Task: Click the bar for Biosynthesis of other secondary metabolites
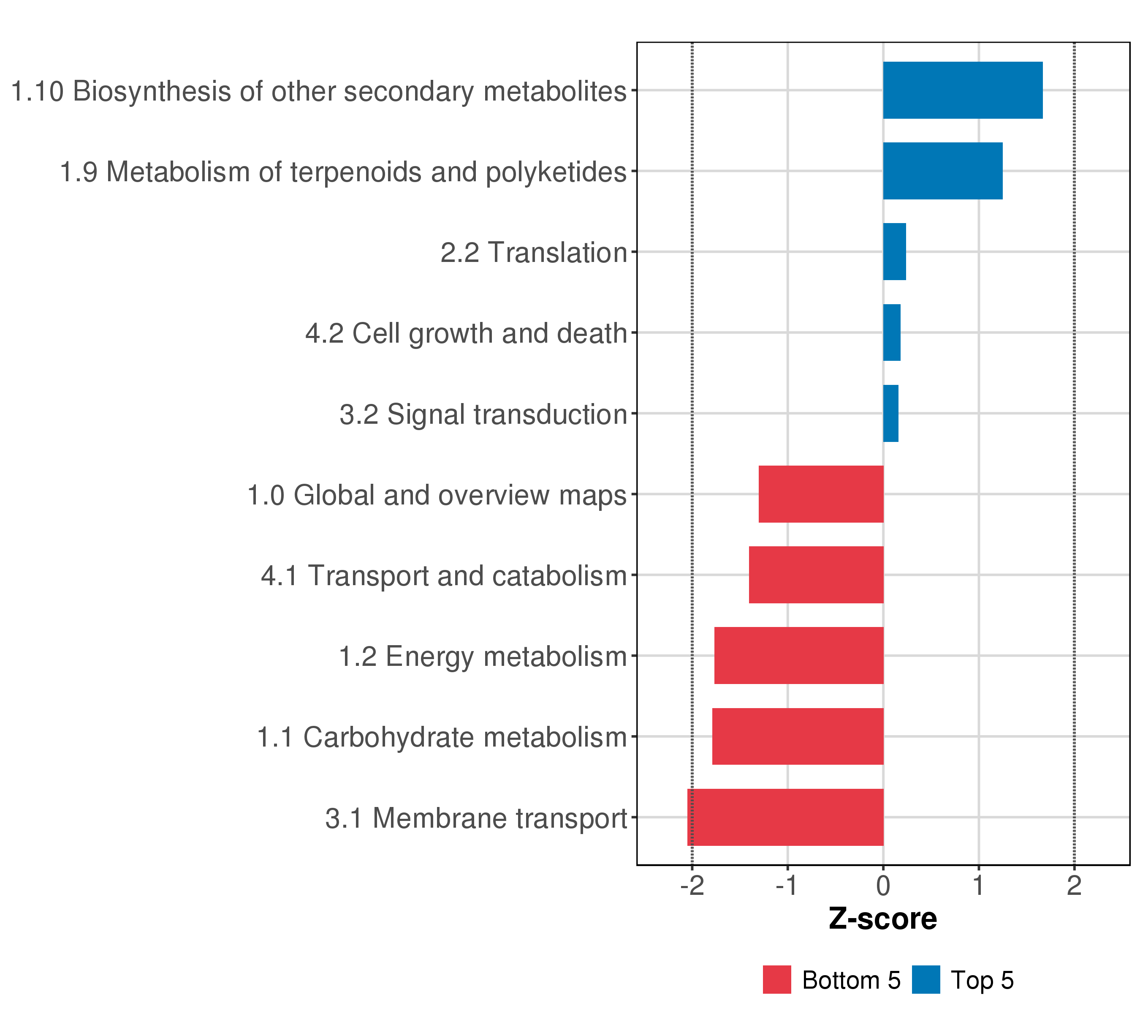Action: (x=963, y=90)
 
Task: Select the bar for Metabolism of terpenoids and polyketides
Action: (x=942, y=171)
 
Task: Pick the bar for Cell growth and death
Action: (x=892, y=333)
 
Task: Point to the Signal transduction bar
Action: (x=891, y=414)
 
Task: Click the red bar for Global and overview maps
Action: (x=821, y=494)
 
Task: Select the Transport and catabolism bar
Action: (x=816, y=575)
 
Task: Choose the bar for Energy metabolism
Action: (x=799, y=656)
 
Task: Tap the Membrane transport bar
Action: (x=785, y=817)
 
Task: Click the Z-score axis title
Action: (x=883, y=919)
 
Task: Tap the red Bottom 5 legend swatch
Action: (x=777, y=980)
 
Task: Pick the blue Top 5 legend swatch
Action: (x=926, y=980)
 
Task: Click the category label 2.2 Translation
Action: (x=534, y=253)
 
